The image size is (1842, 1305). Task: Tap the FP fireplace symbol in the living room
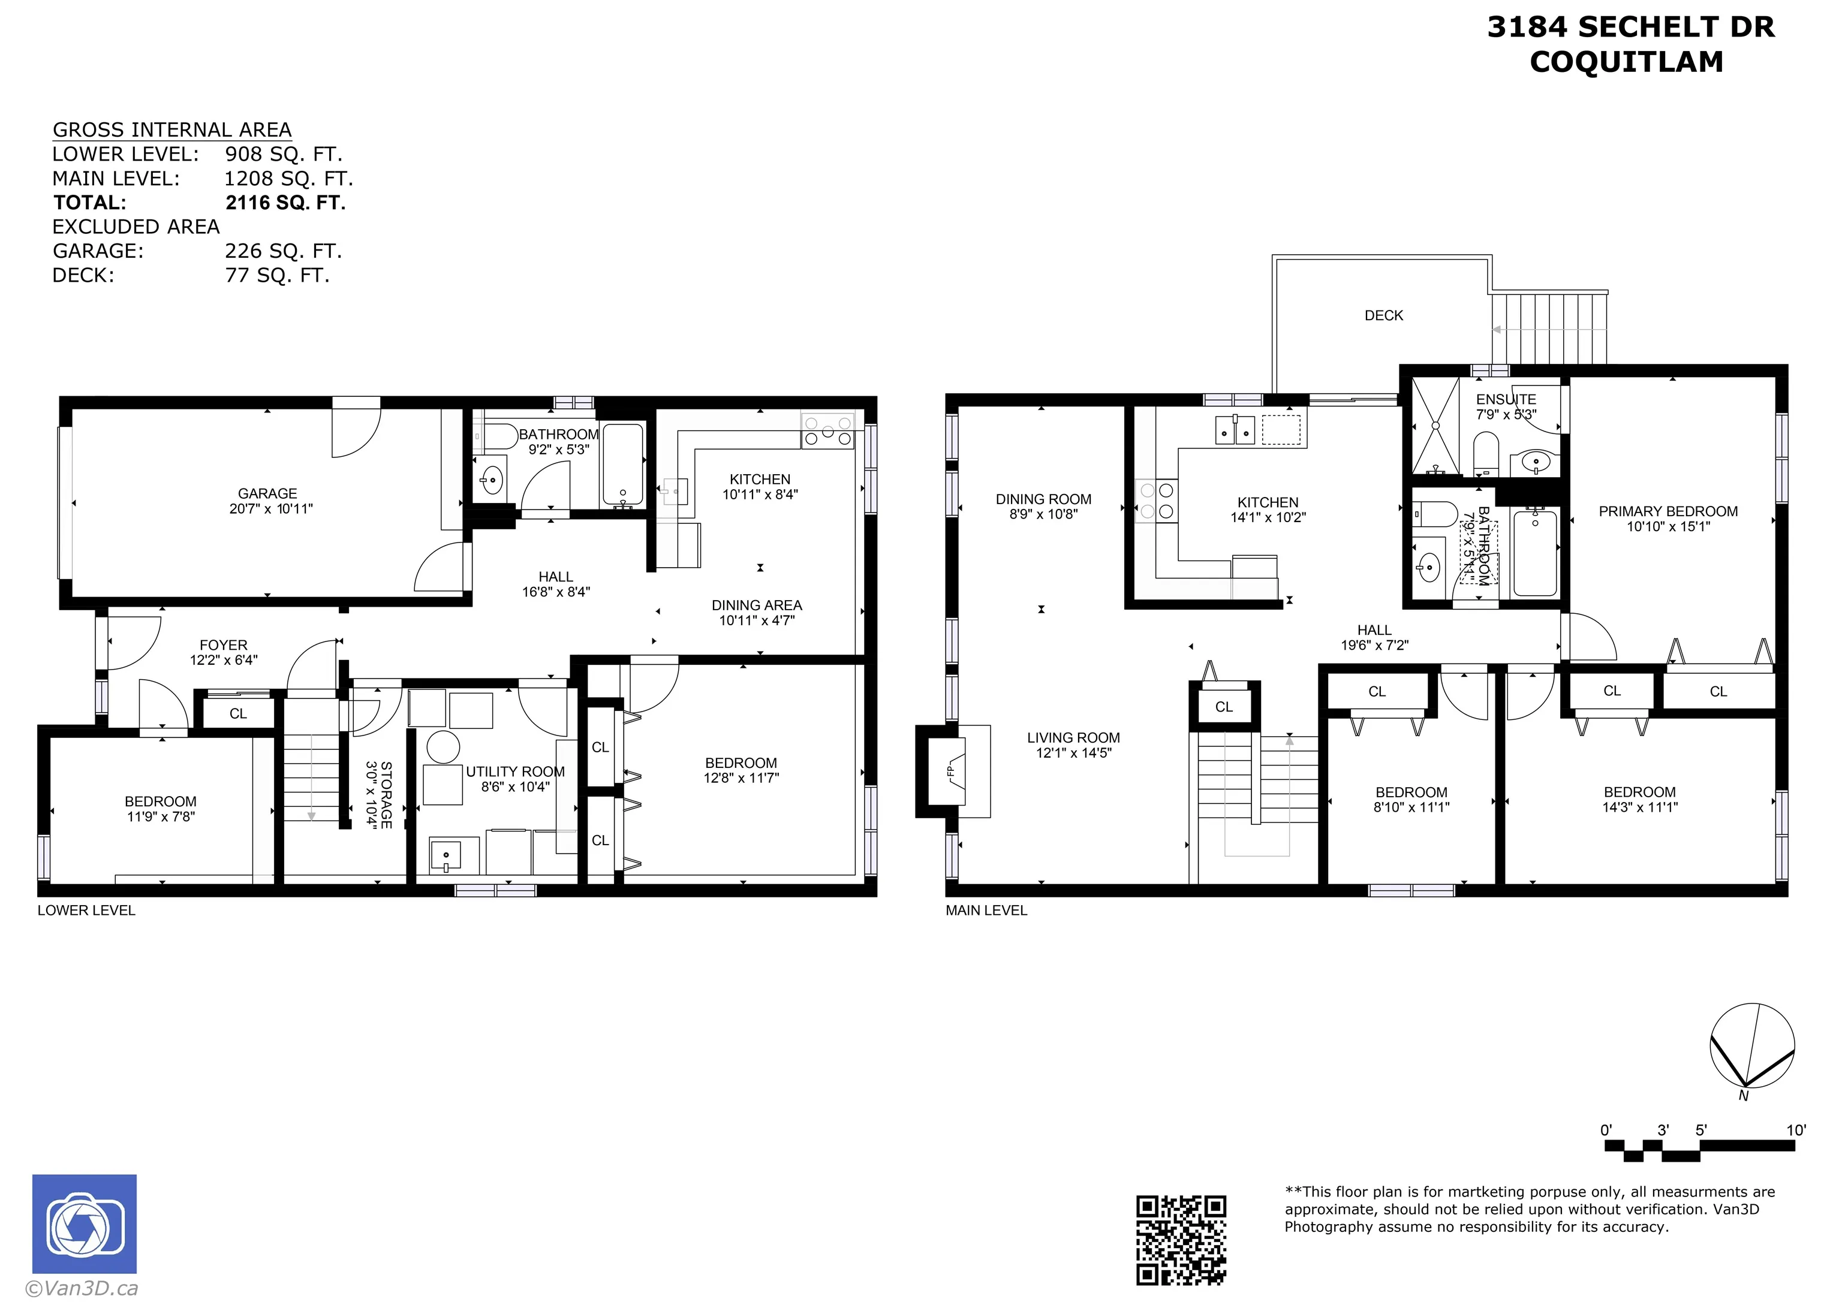point(951,771)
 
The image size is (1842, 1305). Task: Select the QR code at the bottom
point(1181,1240)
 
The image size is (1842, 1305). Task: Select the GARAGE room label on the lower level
point(267,493)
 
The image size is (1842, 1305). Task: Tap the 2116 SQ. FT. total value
point(285,203)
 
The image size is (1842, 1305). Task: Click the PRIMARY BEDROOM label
point(1668,511)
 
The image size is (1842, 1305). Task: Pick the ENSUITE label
point(1505,399)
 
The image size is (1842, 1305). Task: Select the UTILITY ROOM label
point(515,771)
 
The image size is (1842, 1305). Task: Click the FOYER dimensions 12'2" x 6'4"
point(224,660)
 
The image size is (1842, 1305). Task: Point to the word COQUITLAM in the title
point(1626,62)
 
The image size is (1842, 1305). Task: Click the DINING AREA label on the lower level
point(756,605)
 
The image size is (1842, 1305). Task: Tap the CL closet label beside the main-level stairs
point(1223,706)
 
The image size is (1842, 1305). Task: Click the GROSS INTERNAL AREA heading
point(172,130)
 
